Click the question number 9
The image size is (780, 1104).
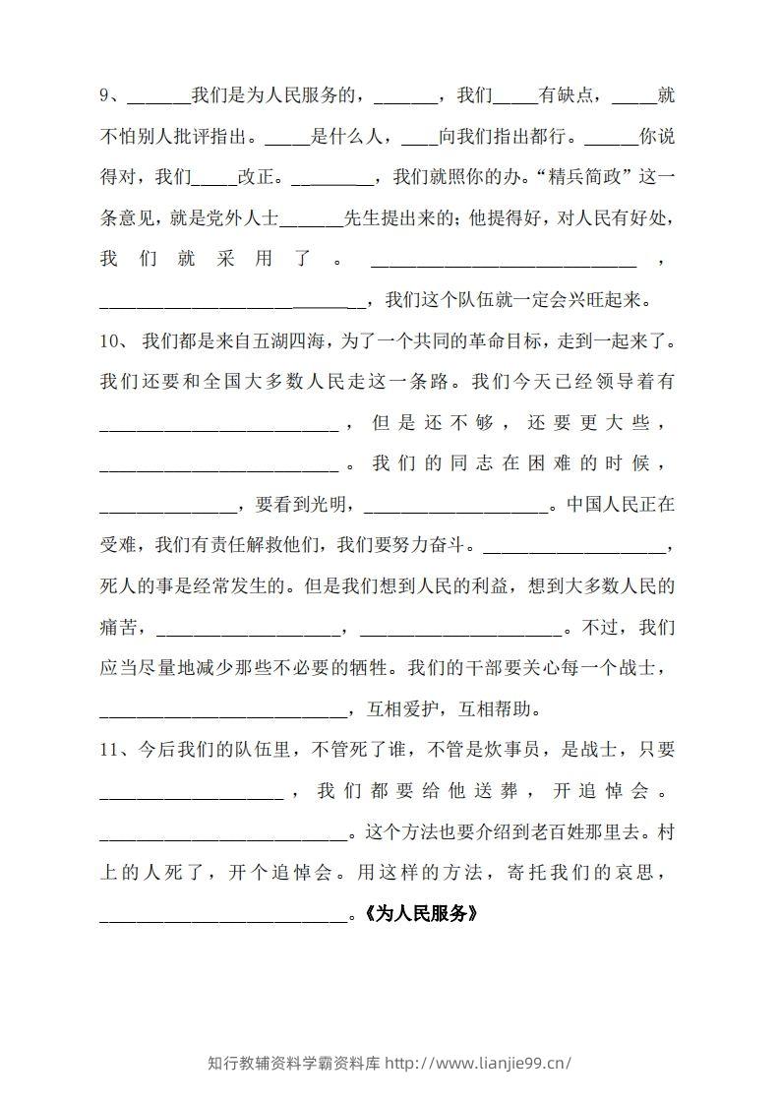pyautogui.click(x=106, y=96)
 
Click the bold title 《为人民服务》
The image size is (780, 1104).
pyautogui.click(x=421, y=913)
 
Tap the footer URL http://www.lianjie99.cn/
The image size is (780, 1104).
pyautogui.click(x=478, y=1063)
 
